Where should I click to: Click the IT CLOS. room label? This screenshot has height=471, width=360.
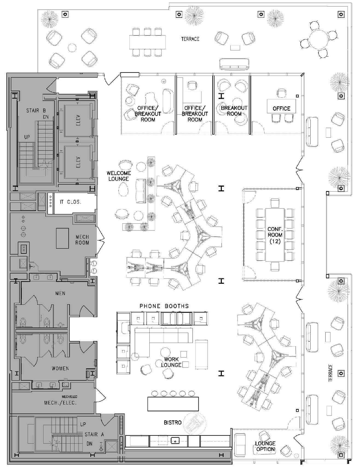pos(71,202)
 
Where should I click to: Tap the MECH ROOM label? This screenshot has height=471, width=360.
pos(82,240)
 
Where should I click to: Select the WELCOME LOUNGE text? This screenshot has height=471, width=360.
pos(119,176)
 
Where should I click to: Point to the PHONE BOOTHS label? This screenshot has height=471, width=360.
pos(164,306)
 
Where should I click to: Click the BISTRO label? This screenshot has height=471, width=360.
pos(173,423)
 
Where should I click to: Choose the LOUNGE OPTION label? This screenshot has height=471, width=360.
pos(265,446)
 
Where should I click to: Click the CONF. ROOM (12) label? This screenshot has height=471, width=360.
pos(275,235)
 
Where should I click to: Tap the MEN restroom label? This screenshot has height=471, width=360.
pos(60,293)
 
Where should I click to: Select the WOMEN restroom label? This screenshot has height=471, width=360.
pos(60,369)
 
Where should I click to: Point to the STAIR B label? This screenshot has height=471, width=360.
pos(36,111)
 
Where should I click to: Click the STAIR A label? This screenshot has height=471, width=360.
pos(94,434)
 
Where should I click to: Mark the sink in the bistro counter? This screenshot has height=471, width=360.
pos(175,441)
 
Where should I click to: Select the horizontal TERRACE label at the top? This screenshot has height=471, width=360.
pos(190,39)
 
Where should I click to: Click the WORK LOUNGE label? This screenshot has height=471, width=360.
pos(171,362)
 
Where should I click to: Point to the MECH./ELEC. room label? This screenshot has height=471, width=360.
pos(60,403)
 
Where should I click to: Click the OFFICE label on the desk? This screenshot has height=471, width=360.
pos(281,109)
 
